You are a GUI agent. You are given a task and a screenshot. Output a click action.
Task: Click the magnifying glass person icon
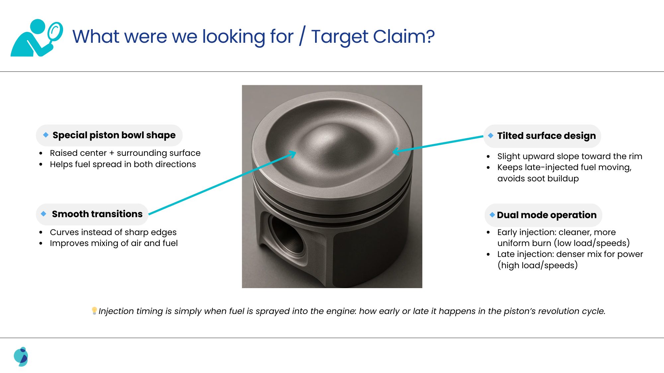coord(37,37)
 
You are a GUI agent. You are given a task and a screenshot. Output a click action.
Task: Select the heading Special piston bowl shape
coord(114,135)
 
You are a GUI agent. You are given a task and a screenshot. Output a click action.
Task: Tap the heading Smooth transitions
coord(97,214)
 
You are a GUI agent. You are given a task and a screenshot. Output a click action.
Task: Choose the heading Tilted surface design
coord(546,136)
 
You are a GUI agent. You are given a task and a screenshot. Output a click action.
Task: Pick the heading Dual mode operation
coord(547,215)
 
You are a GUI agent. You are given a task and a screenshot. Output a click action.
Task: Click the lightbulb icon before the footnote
coord(94,311)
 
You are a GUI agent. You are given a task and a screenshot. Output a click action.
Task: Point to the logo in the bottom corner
coord(21,356)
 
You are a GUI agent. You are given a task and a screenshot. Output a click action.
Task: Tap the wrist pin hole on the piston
coord(287,236)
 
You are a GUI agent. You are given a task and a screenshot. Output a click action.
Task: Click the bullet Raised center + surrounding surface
coord(125,153)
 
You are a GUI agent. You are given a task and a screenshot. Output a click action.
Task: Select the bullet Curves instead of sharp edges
coord(113,232)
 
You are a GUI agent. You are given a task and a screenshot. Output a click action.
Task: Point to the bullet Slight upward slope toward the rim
coord(570,156)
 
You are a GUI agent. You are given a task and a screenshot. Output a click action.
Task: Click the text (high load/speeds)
coord(538,265)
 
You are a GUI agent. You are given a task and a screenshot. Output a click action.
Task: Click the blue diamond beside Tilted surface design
coord(491,136)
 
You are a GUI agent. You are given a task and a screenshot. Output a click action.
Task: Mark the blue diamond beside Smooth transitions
coord(43,214)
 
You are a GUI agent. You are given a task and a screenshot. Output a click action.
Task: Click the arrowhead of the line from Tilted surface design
coord(395,152)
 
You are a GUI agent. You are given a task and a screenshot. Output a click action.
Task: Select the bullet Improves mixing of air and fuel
coord(114,243)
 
